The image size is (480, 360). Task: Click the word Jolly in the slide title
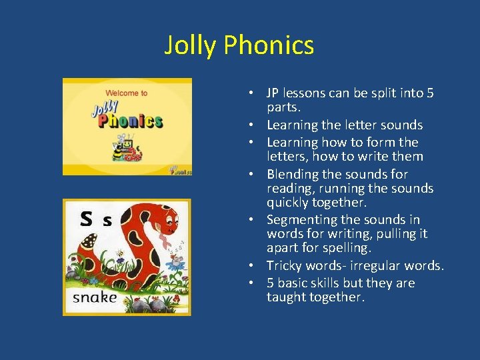(x=191, y=45)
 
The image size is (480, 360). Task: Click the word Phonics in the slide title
(x=269, y=45)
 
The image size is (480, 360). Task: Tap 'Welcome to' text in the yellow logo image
(x=126, y=93)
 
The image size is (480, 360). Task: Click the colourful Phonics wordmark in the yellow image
(x=130, y=120)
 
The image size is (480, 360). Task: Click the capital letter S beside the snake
(x=86, y=219)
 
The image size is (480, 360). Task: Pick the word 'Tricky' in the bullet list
(x=285, y=265)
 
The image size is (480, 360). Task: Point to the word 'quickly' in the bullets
(x=288, y=203)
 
